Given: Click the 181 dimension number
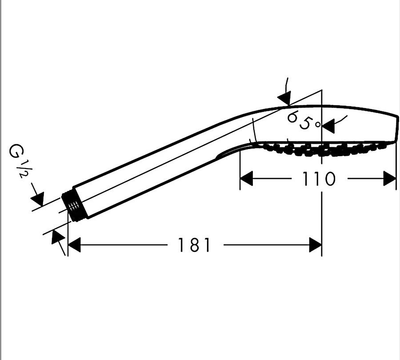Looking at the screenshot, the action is (x=194, y=245).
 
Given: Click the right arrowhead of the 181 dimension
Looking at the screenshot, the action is (x=315, y=245).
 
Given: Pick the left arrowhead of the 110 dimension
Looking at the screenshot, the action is (x=246, y=178).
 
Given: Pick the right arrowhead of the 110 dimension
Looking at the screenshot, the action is (x=390, y=178).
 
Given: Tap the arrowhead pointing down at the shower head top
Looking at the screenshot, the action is (x=285, y=98).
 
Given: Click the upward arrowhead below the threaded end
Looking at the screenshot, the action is (x=58, y=236).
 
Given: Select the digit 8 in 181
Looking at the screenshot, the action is (x=194, y=245).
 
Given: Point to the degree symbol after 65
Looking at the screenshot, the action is (x=318, y=125).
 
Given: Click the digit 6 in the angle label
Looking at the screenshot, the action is (x=293, y=117).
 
